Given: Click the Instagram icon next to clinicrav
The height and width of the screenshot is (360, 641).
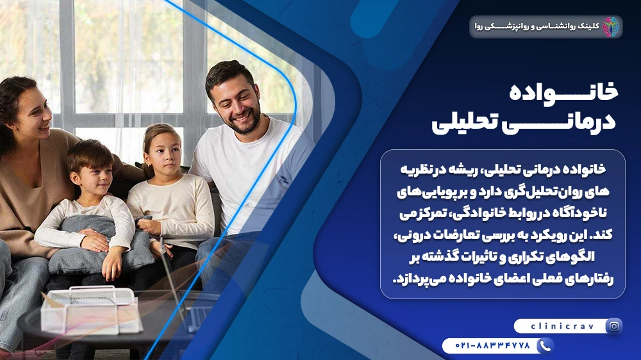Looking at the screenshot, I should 614,326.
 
